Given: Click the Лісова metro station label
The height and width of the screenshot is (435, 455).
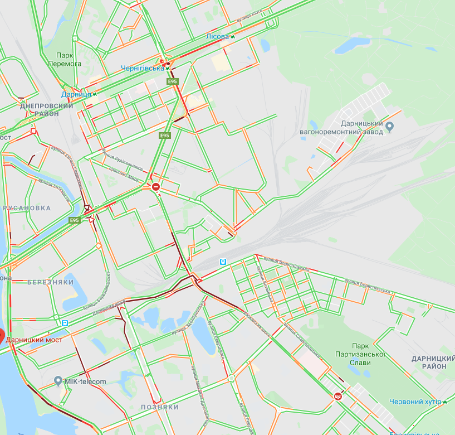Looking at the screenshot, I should click(x=217, y=36).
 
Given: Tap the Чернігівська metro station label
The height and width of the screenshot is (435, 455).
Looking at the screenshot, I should click(x=143, y=68).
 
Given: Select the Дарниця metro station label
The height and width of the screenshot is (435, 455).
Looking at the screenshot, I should click(x=76, y=95).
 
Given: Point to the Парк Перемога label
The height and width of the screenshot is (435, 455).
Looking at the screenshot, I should click(x=69, y=60).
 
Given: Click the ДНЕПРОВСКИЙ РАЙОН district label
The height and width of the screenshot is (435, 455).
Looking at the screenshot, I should click(x=46, y=109).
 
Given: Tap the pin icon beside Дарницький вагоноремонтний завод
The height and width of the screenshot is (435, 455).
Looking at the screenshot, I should click(x=390, y=127).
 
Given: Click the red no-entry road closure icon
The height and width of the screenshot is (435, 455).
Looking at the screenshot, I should click(x=156, y=187).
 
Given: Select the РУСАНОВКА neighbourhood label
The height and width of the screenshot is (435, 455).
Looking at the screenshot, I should click(x=27, y=208).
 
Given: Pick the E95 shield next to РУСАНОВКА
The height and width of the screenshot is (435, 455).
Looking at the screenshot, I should click(x=75, y=221).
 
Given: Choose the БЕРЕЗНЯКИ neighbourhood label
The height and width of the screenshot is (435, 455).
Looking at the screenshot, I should click(x=51, y=283).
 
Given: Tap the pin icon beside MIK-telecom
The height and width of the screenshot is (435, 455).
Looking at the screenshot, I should click(x=58, y=381).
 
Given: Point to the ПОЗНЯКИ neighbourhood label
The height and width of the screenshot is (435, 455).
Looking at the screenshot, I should click(x=160, y=408).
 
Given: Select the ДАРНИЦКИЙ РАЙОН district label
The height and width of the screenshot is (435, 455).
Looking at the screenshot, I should click(x=429, y=362).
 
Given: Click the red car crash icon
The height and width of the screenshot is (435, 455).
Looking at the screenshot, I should click(x=337, y=396).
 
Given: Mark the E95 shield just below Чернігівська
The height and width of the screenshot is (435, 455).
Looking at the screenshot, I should click(x=173, y=82).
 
